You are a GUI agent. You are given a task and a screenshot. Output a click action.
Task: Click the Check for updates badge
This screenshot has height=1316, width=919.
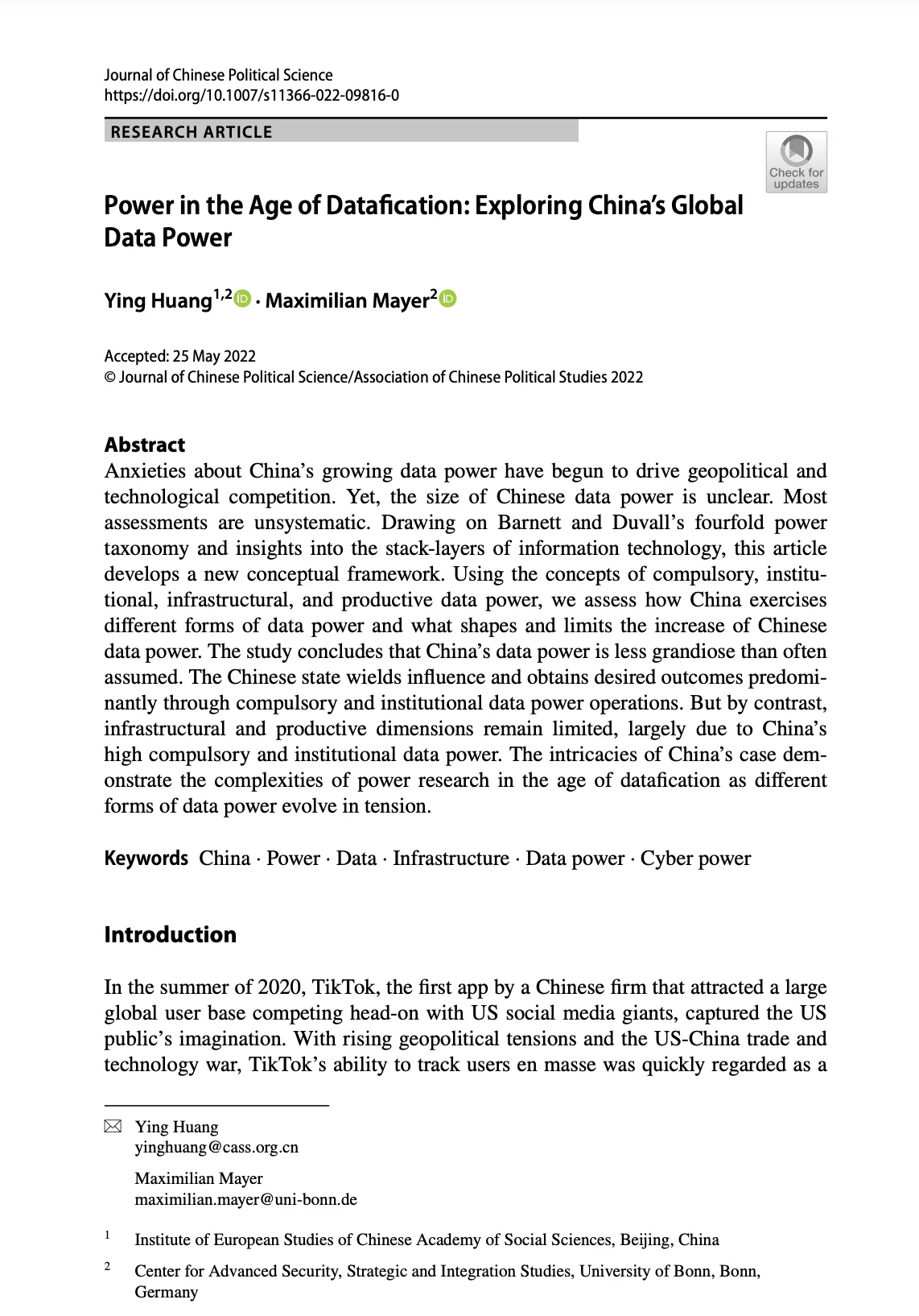(x=796, y=162)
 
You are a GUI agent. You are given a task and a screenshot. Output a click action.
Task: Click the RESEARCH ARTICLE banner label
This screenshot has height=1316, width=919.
(x=192, y=132)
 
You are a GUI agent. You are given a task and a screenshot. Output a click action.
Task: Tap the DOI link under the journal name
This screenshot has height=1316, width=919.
(x=251, y=96)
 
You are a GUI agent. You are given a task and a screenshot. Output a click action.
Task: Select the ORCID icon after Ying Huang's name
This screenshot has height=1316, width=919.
(x=243, y=299)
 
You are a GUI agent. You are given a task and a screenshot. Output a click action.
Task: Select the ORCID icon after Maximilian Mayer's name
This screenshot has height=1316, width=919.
(x=448, y=299)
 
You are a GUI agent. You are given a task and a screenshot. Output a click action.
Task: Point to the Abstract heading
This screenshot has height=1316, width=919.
(x=145, y=445)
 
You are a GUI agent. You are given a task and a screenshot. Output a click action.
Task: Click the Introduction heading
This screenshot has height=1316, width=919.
(x=171, y=934)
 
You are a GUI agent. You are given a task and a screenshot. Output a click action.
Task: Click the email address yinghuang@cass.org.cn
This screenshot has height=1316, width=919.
(x=216, y=1147)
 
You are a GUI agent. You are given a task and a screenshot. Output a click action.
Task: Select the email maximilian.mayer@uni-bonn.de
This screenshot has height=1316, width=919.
(x=245, y=1199)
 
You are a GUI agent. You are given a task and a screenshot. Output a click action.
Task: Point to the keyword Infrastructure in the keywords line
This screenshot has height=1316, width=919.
(x=451, y=859)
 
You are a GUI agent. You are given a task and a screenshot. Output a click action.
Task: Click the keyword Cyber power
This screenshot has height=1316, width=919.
(x=695, y=859)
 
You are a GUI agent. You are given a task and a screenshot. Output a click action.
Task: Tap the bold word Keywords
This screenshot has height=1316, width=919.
(x=146, y=859)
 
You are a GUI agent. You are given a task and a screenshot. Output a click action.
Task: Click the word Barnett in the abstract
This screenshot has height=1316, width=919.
(x=529, y=523)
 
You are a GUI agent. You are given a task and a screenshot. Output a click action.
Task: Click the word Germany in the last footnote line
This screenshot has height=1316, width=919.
(x=166, y=1292)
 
